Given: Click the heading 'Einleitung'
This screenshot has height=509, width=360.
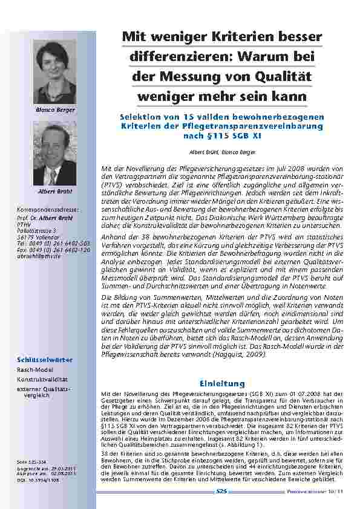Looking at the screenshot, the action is tap(222, 383).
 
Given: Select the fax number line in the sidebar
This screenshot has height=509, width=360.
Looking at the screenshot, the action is tap(54, 249).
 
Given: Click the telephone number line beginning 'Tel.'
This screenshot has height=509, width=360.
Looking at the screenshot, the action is tap(54, 242).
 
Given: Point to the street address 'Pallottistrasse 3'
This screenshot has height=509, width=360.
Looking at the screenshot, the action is tap(38, 230).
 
